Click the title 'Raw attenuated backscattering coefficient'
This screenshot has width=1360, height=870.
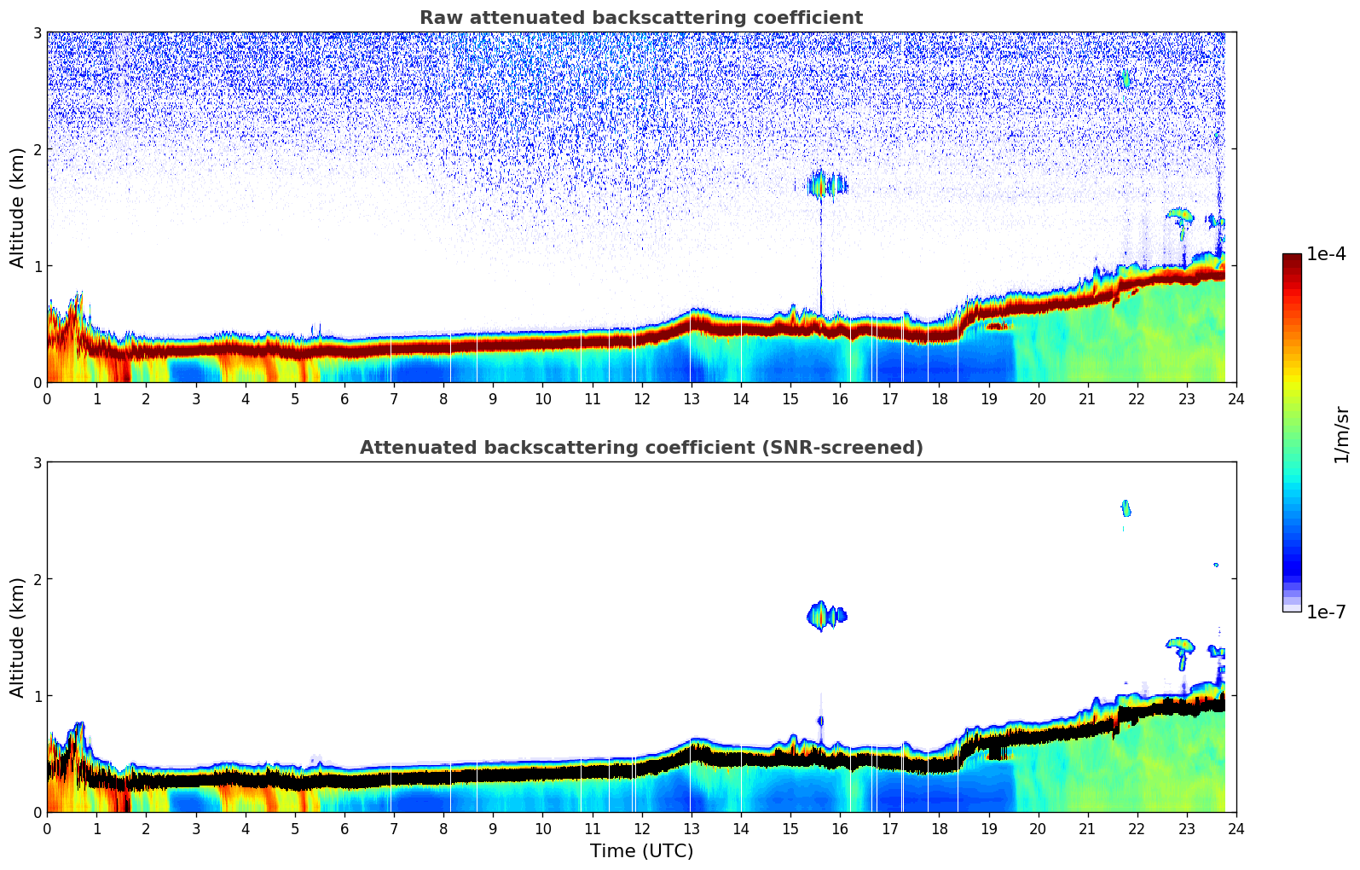click(640, 18)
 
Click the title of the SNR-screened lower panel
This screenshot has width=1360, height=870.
click(640, 448)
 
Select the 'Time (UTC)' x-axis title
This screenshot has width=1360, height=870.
click(641, 851)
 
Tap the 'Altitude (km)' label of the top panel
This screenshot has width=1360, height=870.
click(17, 207)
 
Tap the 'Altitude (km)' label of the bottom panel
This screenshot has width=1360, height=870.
click(17, 637)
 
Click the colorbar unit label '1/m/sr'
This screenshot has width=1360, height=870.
click(1341, 434)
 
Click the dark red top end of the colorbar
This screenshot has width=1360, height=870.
click(1291, 258)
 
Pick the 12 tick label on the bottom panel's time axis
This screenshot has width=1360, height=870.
click(641, 829)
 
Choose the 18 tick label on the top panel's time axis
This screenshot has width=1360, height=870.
click(939, 399)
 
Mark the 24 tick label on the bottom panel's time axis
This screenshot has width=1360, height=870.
click(1236, 829)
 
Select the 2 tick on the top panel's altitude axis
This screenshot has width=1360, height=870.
click(38, 149)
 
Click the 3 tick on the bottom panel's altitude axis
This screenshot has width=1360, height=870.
click(38, 462)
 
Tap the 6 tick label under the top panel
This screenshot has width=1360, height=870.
click(344, 399)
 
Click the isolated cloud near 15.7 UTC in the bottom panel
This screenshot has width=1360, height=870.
click(824, 615)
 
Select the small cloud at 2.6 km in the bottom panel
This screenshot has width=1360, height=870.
click(1126, 508)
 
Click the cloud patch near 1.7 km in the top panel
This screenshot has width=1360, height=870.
click(825, 184)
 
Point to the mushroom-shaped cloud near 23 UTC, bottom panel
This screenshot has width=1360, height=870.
click(1181, 647)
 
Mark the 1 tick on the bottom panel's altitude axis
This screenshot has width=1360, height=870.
click(38, 696)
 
